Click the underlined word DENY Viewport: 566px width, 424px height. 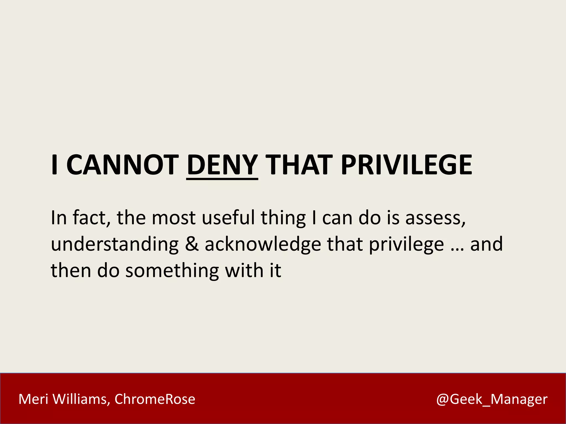[222, 165]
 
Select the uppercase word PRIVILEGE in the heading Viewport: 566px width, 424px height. [406, 165]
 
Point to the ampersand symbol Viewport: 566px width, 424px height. [192, 244]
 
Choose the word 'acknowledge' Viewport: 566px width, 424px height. [263, 245]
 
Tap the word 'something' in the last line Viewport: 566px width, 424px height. [172, 271]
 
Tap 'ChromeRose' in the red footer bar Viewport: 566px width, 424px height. [155, 399]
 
